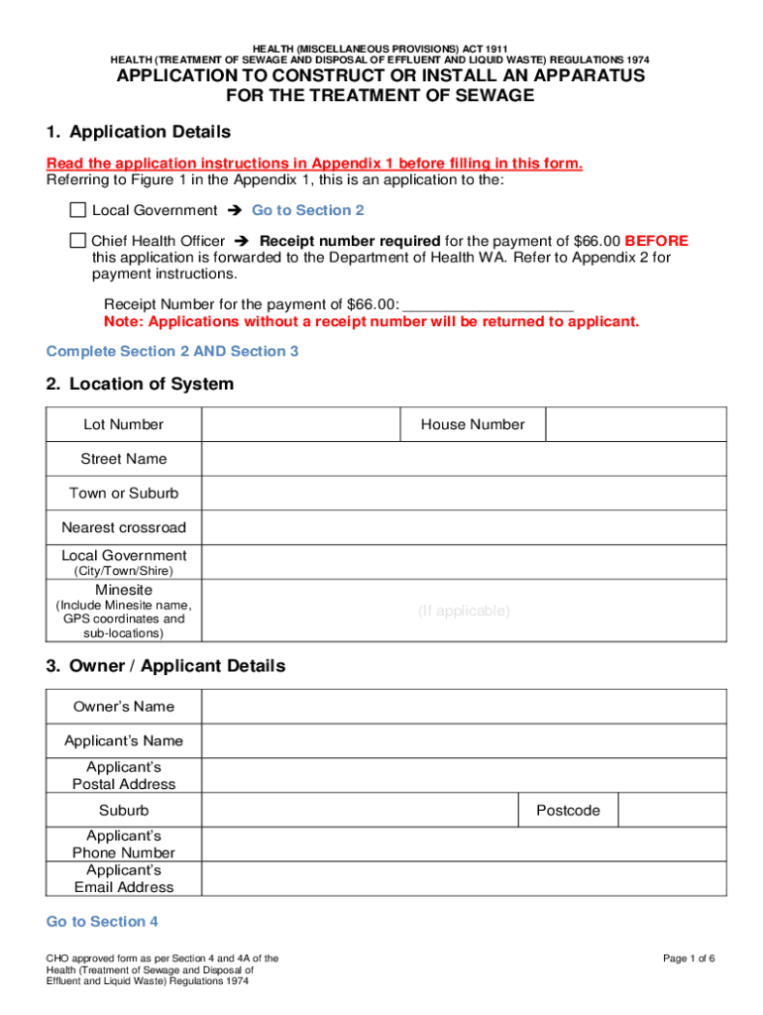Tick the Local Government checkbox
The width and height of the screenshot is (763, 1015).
78,210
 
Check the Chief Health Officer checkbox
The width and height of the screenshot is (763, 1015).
78,241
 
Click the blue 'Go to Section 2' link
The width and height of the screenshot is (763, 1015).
307,210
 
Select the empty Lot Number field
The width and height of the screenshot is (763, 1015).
300,424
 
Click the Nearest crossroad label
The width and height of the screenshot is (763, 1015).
124,527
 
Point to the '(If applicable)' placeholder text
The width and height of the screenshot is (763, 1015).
464,611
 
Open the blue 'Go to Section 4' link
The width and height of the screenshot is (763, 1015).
102,922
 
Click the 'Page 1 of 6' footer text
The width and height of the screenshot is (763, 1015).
689,959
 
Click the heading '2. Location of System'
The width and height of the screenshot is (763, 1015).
140,384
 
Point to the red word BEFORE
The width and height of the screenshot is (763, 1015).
656,241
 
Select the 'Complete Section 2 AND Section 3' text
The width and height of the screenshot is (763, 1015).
172,351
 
